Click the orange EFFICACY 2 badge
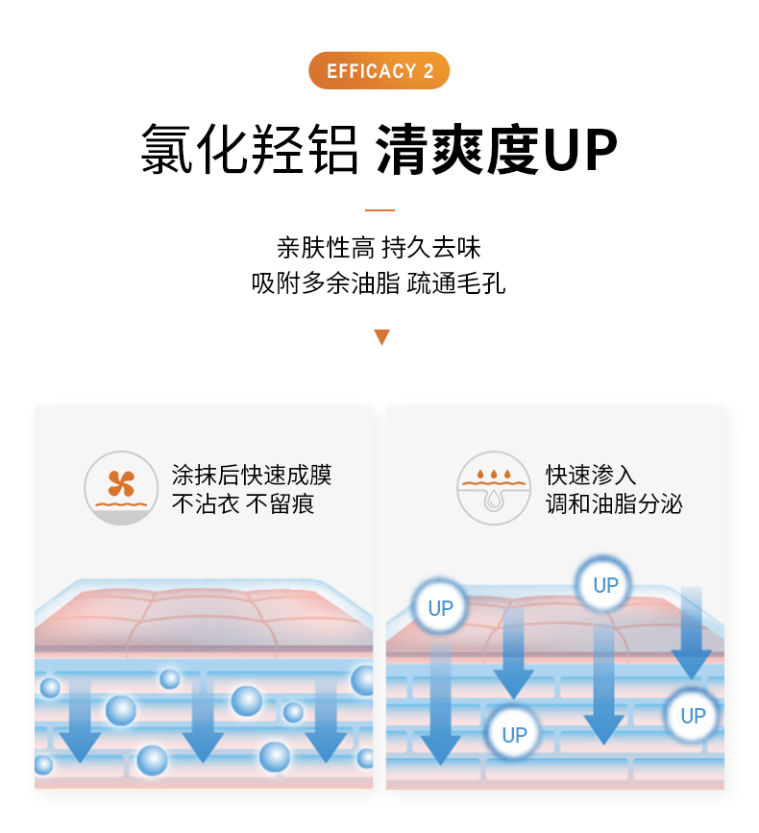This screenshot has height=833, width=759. (379, 70)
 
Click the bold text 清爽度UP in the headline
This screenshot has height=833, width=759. (496, 150)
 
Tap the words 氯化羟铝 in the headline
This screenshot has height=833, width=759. (249, 150)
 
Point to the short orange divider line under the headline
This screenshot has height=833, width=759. (379, 210)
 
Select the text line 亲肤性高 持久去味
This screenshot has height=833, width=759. (379, 248)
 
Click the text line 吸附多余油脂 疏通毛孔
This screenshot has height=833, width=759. (379, 282)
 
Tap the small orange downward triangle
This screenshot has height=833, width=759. (381, 337)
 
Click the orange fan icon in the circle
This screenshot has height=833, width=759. (121, 483)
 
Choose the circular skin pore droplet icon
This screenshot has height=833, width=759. (494, 488)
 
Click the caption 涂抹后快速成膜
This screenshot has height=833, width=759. (251, 475)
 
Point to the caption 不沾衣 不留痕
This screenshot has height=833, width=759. (243, 503)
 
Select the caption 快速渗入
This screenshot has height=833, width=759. (591, 475)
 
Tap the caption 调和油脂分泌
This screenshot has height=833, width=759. (614, 503)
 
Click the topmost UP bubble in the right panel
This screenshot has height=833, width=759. (605, 585)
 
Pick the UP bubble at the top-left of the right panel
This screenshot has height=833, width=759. (440, 608)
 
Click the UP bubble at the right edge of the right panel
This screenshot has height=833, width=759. (693, 716)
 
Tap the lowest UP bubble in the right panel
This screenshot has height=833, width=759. (514, 735)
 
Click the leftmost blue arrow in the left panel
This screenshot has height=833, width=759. (80, 721)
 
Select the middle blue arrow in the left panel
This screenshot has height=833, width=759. (203, 721)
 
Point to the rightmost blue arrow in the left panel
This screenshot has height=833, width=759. (326, 721)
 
